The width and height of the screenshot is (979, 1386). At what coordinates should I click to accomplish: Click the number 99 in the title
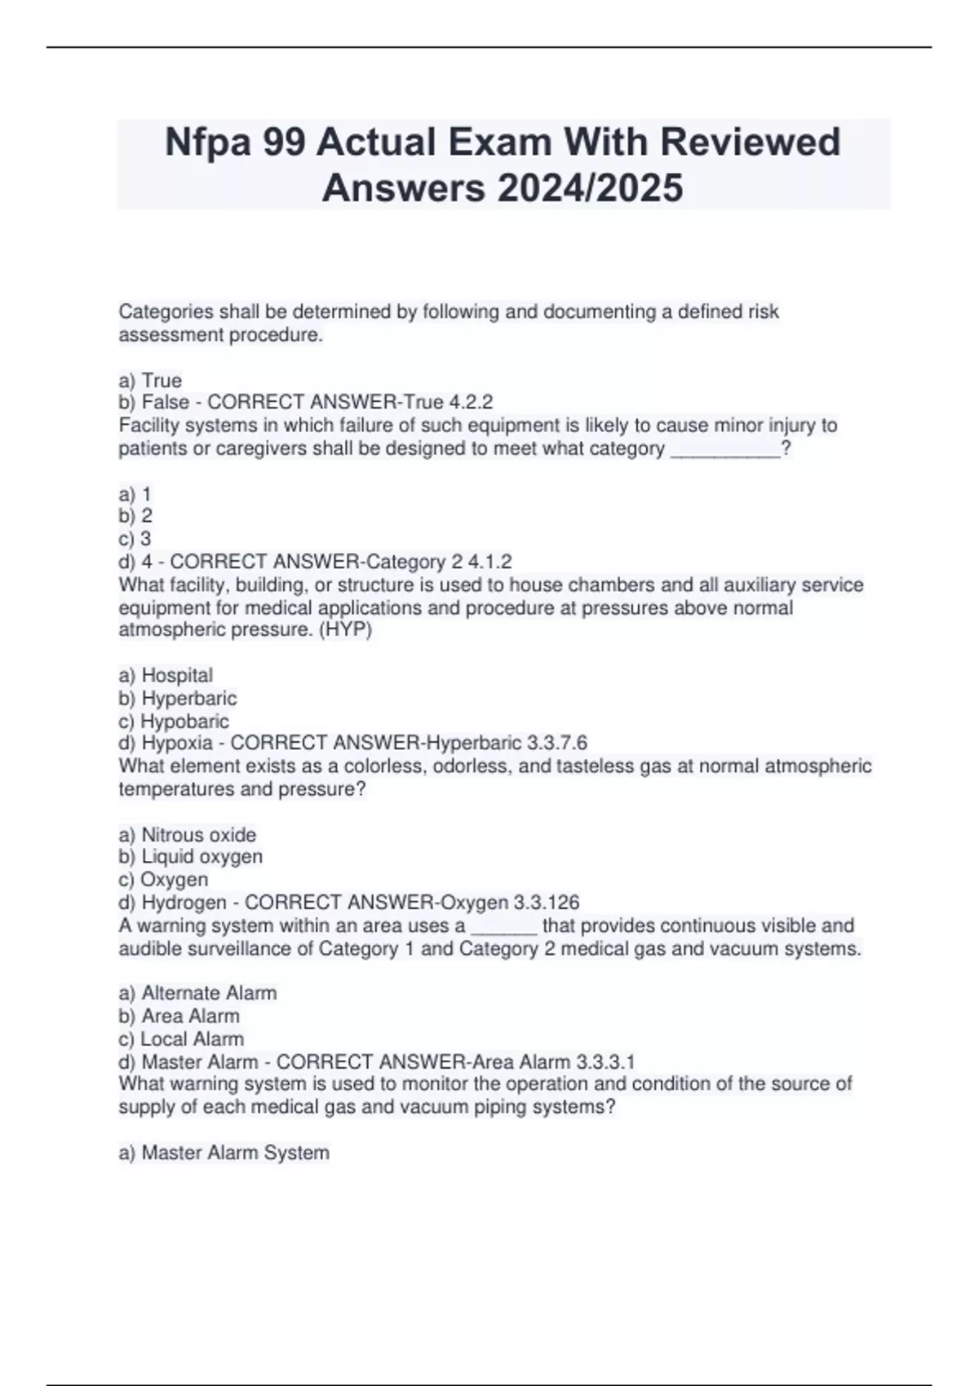(x=280, y=143)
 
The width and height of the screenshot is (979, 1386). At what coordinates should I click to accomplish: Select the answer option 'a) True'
(x=150, y=381)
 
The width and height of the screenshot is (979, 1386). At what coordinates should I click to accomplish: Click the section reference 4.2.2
(x=471, y=403)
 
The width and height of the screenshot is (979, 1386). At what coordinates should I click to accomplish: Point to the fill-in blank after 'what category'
(x=724, y=449)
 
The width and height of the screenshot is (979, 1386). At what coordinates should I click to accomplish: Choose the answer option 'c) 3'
(x=135, y=539)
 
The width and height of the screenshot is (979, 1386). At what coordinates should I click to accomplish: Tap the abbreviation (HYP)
(x=345, y=630)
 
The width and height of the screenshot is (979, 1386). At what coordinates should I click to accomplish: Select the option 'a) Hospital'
(x=166, y=675)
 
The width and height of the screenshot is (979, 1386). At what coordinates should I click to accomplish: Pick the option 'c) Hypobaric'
(x=174, y=722)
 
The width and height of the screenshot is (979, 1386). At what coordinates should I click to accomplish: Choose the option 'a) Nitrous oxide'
(x=188, y=835)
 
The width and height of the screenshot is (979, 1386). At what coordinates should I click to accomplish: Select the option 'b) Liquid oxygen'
(x=191, y=857)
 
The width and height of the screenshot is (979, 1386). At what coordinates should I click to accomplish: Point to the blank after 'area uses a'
(x=504, y=926)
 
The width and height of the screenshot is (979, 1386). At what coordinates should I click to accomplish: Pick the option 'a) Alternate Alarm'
(x=198, y=993)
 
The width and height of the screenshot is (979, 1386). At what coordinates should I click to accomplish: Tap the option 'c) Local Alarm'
(x=181, y=1039)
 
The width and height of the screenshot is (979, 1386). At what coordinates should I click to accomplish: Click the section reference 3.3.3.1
(x=605, y=1062)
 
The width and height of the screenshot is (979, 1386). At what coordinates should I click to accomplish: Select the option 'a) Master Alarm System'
(x=224, y=1153)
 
